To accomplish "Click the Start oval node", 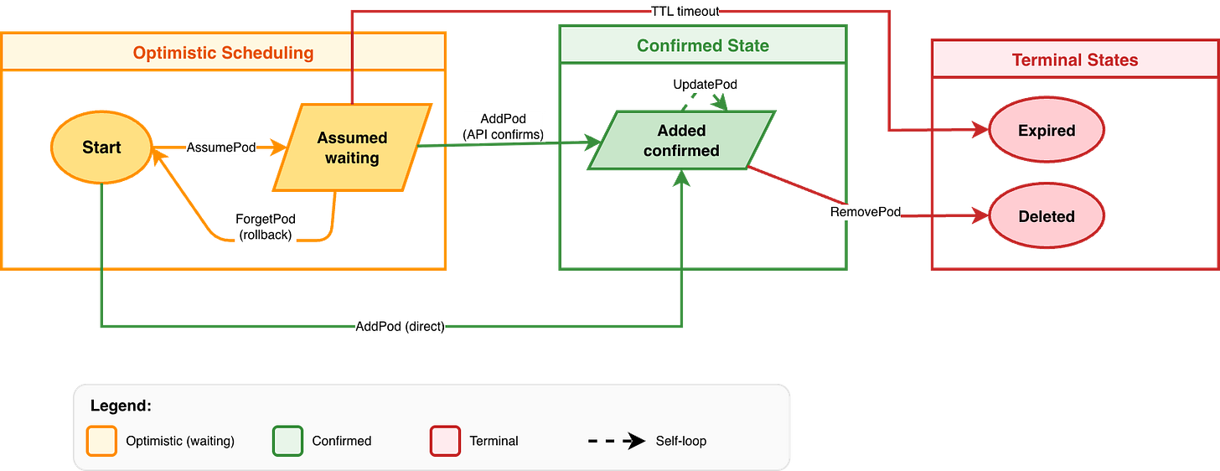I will click(101, 148).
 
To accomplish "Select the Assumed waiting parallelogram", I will click(352, 148).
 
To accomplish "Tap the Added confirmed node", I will click(681, 140).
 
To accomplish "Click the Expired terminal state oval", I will click(1046, 131).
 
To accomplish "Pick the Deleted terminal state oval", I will click(1046, 216).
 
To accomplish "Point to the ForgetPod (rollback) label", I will click(265, 226).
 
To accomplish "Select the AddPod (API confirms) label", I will click(503, 127).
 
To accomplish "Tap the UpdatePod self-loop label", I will click(706, 85).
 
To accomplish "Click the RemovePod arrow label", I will click(865, 213).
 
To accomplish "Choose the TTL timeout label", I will click(685, 11).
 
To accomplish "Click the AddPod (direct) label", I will click(400, 326).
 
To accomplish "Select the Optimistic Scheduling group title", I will click(223, 54).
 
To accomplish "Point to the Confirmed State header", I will click(702, 45).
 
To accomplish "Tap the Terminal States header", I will click(1074, 60).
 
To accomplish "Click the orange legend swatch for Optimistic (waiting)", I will click(101, 441).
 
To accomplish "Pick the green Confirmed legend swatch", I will click(287, 441).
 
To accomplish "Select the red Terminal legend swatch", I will click(445, 441).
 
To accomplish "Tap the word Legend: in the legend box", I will click(121, 406).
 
